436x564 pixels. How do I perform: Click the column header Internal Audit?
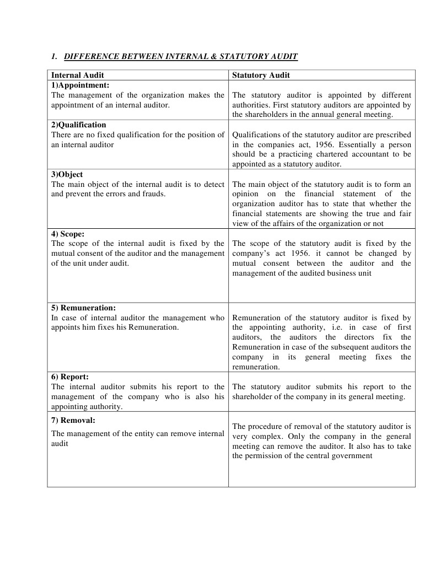pos(77,75)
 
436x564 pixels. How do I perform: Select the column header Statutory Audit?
pos(261,75)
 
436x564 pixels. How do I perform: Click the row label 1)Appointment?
pos(80,85)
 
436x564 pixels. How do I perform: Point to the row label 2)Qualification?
pos(78,125)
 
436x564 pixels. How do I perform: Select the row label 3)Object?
pos(67,174)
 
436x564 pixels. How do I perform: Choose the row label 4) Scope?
pos(68,234)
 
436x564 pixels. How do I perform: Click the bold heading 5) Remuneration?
pos(83,308)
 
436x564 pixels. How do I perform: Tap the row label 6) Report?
pos(70,377)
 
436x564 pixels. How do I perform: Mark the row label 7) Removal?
pos(73,420)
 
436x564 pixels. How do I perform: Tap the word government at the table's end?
pos(353,456)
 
